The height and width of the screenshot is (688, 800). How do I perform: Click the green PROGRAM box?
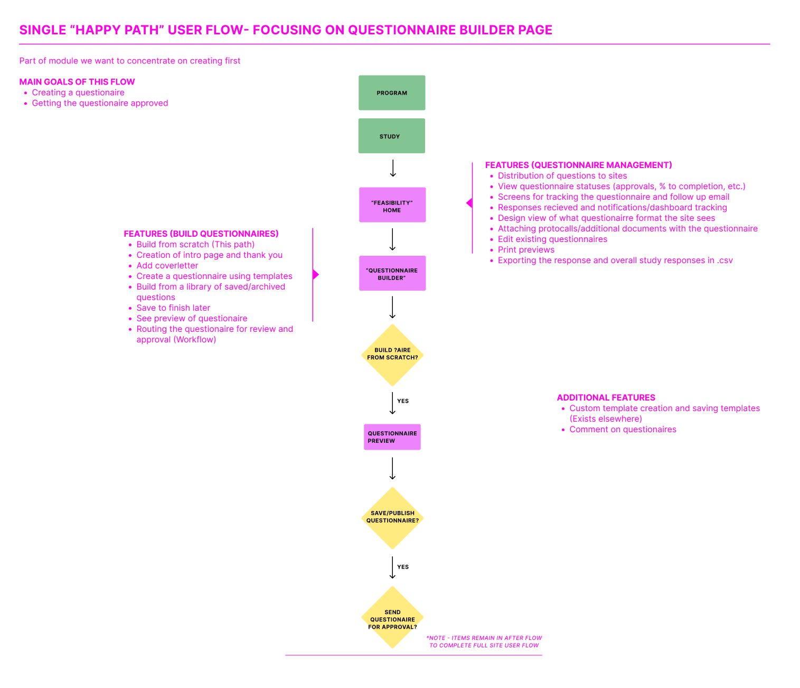pyautogui.click(x=392, y=92)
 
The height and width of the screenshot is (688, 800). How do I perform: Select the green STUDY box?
pyautogui.click(x=391, y=136)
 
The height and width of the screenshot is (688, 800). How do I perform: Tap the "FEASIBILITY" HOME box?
pyautogui.click(x=392, y=204)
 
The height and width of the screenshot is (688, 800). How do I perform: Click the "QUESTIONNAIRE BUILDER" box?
pyautogui.click(x=392, y=273)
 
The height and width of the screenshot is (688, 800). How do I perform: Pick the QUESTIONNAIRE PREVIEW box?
pyautogui.click(x=392, y=437)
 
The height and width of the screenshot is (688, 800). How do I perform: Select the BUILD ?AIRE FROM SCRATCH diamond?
pyautogui.click(x=392, y=355)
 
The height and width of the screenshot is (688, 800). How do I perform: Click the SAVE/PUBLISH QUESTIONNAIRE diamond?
pyautogui.click(x=392, y=518)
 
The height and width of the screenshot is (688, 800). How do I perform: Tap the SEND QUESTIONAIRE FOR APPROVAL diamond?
pyautogui.click(x=392, y=618)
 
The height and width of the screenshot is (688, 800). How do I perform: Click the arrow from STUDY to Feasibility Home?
pyautogui.click(x=393, y=169)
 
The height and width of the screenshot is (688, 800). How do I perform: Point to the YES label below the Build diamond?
pyautogui.click(x=402, y=401)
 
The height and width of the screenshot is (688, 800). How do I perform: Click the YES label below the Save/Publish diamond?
pyautogui.click(x=402, y=567)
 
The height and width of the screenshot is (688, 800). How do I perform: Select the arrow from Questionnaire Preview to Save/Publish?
pyautogui.click(x=392, y=468)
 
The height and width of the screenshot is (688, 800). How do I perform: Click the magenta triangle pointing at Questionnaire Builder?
pyautogui.click(x=316, y=275)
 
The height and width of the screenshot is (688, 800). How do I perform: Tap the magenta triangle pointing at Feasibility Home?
pyautogui.click(x=469, y=203)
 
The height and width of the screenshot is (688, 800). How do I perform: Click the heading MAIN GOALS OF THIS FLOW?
pyautogui.click(x=77, y=82)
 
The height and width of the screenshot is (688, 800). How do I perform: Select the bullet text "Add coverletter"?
pyautogui.click(x=167, y=265)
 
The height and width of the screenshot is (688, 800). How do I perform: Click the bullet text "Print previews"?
pyautogui.click(x=526, y=249)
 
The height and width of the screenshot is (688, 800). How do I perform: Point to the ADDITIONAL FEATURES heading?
pyautogui.click(x=606, y=397)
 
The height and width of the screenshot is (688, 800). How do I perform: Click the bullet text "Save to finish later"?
pyautogui.click(x=173, y=308)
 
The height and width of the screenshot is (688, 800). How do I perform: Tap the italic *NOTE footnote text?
pyautogui.click(x=484, y=641)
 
